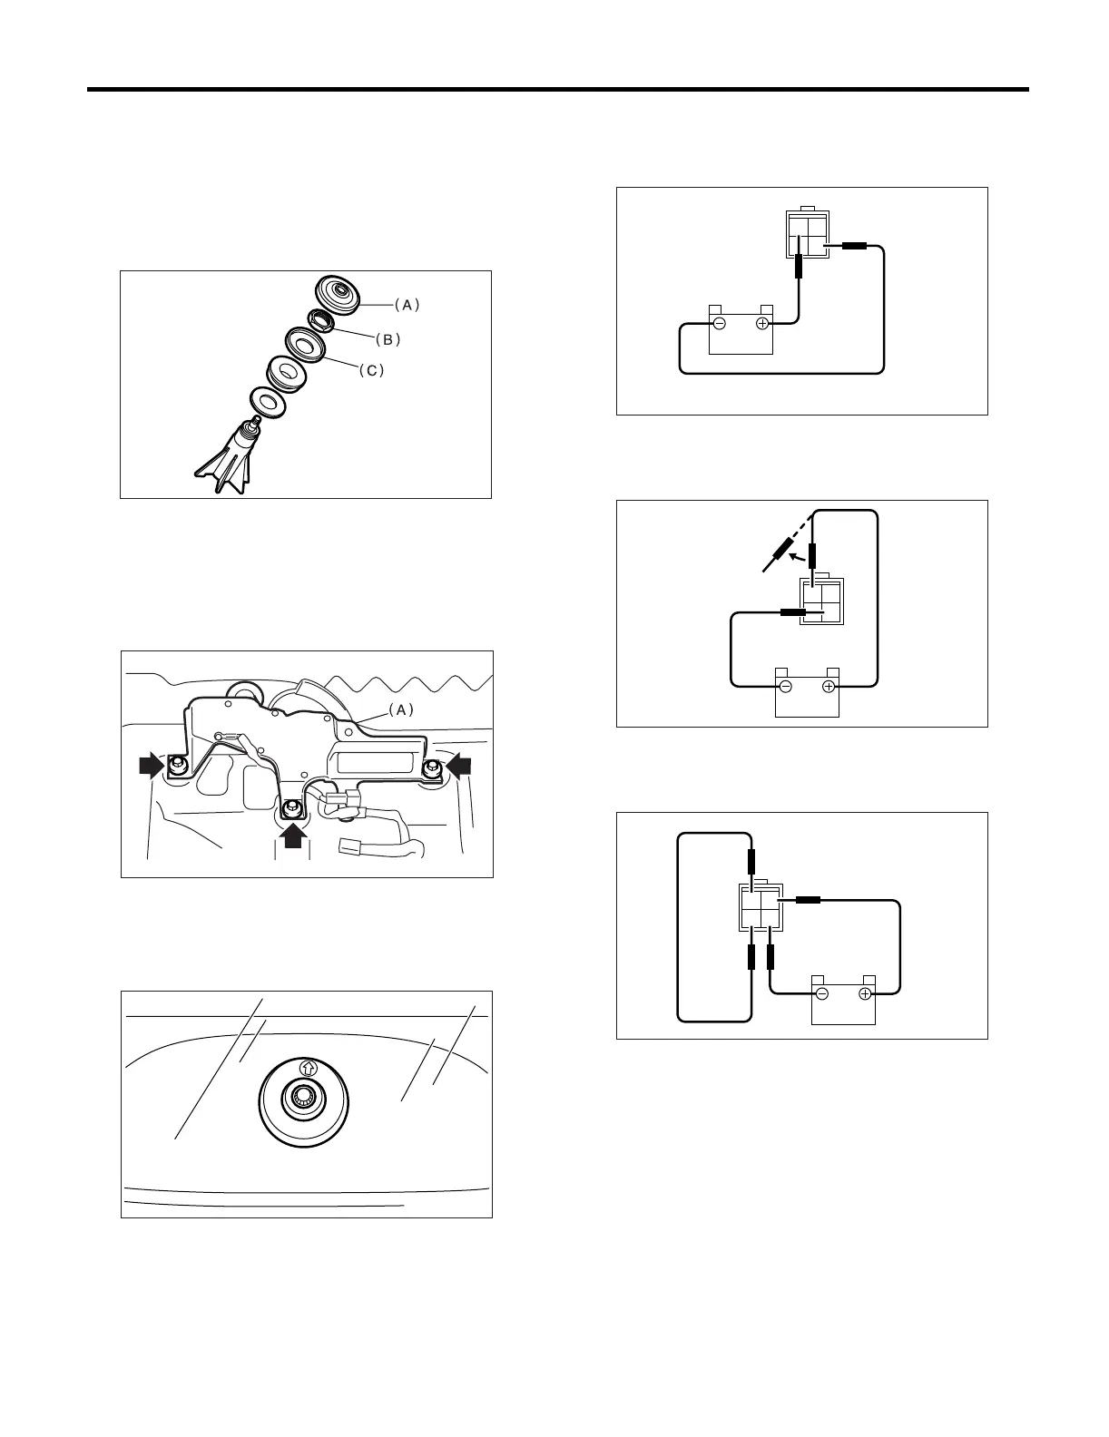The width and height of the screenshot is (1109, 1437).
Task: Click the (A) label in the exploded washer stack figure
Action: [407, 305]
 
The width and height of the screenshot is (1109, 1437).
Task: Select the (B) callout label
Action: [388, 339]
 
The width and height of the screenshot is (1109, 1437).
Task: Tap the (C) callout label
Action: [370, 371]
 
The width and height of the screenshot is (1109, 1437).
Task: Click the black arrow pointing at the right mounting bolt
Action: [461, 767]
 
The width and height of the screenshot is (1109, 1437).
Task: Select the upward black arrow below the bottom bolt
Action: [292, 836]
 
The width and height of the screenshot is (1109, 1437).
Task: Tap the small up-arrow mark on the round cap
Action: [307, 1068]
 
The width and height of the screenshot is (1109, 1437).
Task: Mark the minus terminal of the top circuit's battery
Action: [719, 323]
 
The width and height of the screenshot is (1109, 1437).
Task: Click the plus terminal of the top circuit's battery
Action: [762, 323]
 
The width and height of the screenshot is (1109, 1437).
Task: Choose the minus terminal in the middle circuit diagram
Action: [786, 687]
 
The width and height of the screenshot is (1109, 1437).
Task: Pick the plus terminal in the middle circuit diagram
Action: [829, 687]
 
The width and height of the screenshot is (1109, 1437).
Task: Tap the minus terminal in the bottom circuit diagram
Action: [821, 994]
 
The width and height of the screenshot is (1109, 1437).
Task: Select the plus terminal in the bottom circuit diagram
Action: [865, 994]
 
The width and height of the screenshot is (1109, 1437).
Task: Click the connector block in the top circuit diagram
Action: [806, 234]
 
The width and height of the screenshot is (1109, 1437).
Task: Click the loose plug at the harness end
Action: [348, 848]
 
